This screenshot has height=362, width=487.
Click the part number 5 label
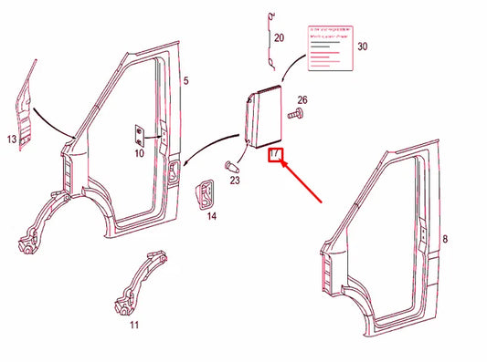(x=185, y=81)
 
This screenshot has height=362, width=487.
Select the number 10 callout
(x=139, y=153)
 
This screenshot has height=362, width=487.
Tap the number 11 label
(x=134, y=324)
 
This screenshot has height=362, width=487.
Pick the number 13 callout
(x=12, y=140)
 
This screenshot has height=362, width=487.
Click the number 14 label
(x=211, y=216)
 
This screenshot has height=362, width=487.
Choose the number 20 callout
(x=279, y=38)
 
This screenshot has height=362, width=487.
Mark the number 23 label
(x=235, y=181)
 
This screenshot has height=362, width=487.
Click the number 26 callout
(x=302, y=100)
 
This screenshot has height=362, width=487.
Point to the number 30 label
(x=362, y=46)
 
